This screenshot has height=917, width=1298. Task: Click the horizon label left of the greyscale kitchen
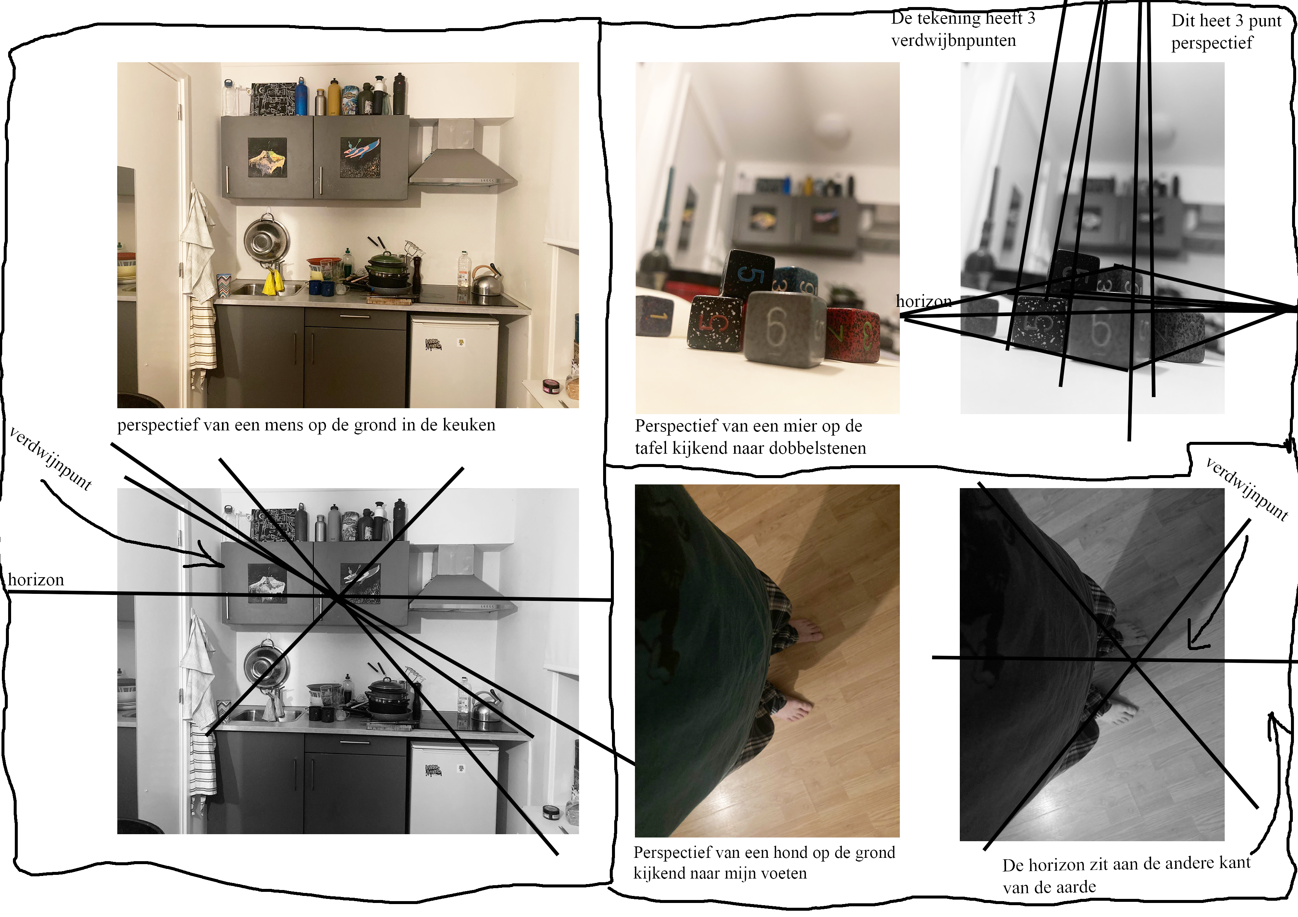(x=36, y=580)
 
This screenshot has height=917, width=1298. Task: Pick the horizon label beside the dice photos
(x=923, y=301)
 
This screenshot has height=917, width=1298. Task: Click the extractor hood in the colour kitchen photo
(x=463, y=153)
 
